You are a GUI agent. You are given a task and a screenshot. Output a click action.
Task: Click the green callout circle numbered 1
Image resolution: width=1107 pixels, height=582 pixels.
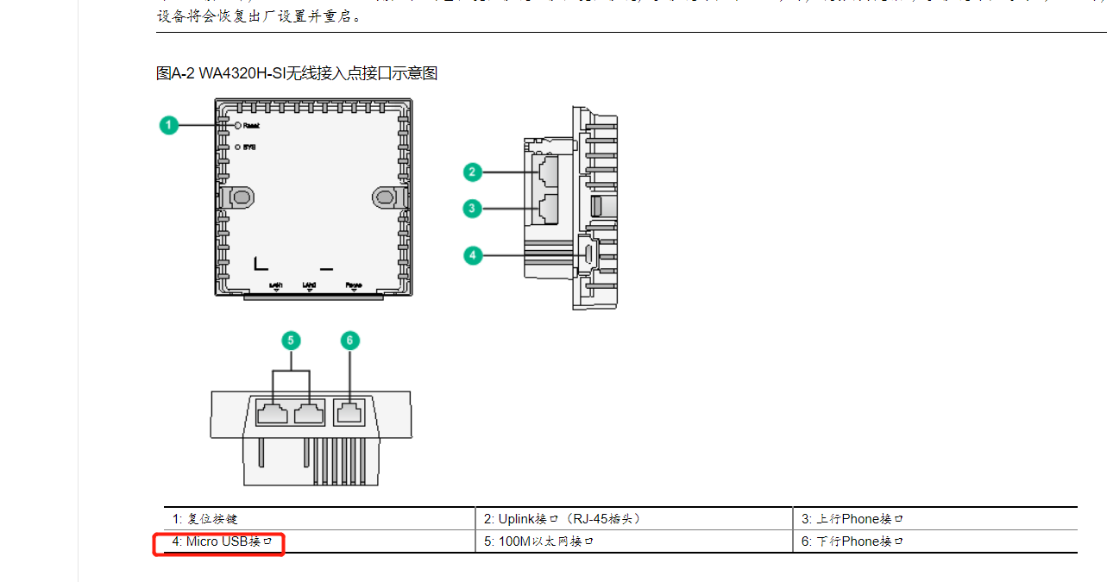[169, 125]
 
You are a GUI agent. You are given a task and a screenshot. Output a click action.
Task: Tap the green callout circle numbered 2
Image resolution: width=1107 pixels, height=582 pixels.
[472, 172]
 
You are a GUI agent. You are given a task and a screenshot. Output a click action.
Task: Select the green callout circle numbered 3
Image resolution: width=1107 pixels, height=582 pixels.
[472, 208]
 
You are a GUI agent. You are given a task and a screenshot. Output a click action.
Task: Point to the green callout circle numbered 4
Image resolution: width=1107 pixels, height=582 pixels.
[472, 255]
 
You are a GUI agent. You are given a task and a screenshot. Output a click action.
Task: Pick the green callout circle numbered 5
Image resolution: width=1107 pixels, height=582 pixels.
[291, 341]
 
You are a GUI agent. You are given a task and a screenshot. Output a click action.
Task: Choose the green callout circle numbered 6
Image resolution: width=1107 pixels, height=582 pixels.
[349, 341]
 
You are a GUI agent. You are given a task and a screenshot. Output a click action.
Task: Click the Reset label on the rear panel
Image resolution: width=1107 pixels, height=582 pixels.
[251, 126]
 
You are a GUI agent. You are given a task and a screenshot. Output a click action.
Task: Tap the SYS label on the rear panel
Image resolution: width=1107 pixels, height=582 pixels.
[249, 147]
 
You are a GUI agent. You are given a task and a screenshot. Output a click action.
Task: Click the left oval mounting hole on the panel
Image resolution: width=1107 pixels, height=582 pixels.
[241, 197]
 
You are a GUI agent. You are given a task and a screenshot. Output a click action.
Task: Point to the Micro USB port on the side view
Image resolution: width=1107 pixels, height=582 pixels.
[586, 254]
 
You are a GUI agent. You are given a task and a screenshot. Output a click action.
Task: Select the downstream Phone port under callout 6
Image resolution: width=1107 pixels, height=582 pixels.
[349, 412]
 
